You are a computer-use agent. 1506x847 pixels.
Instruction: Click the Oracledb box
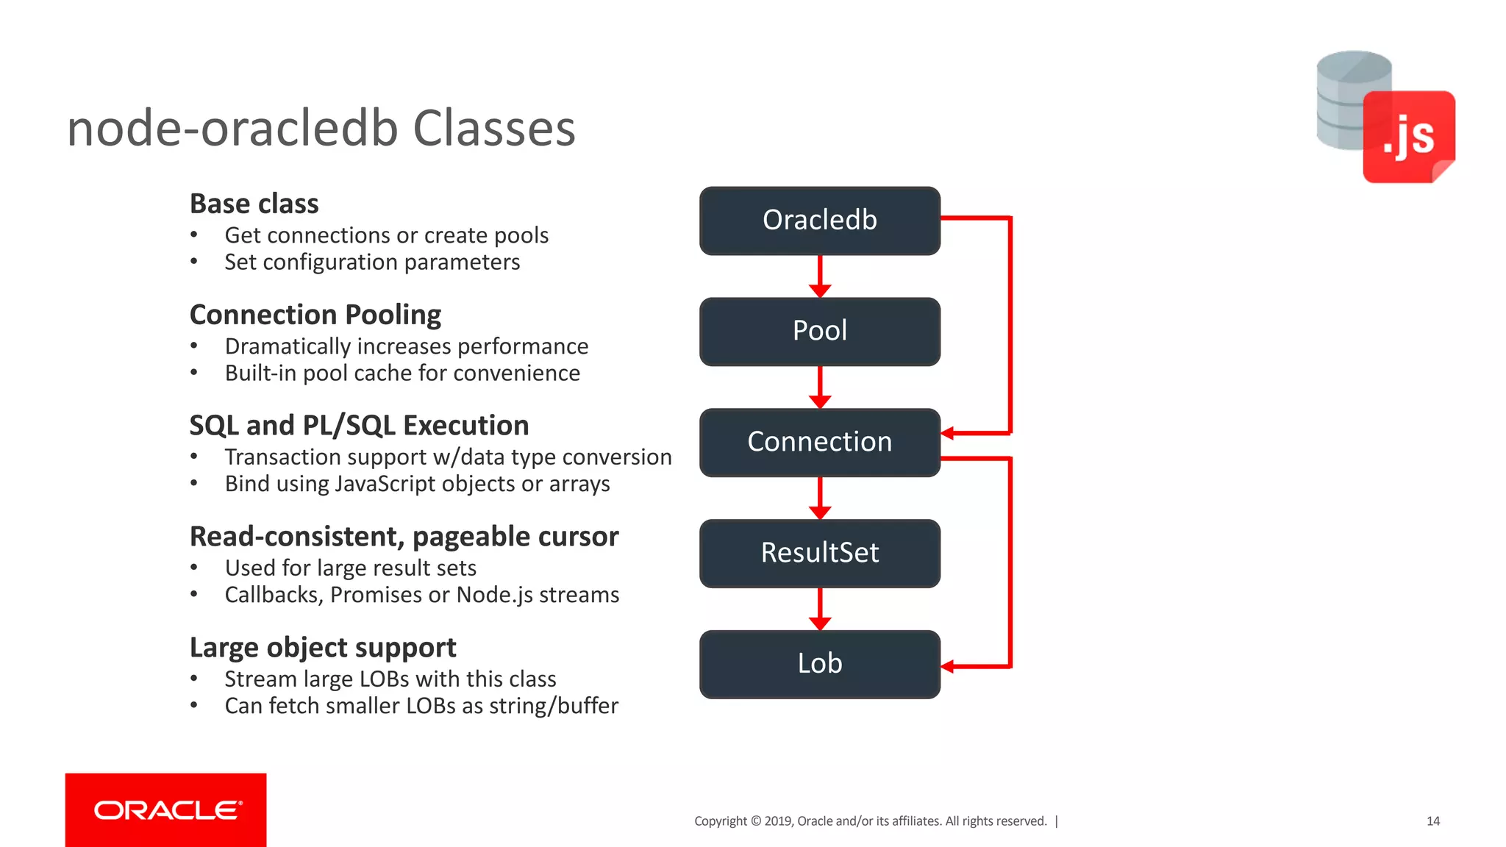(819, 221)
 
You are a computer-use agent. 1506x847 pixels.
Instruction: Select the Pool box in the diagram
(819, 332)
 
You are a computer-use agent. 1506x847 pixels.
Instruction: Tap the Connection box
(819, 442)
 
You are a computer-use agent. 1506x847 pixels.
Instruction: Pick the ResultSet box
(819, 553)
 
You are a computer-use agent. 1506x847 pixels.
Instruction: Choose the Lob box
(819, 664)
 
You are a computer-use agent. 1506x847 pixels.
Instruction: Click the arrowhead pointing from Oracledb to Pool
(820, 290)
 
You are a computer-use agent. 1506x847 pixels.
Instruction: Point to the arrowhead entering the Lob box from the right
(948, 666)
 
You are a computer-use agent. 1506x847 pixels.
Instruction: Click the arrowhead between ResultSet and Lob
(820, 623)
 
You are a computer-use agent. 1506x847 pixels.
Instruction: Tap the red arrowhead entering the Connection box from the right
(948, 433)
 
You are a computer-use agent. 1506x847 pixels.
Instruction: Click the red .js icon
(1408, 137)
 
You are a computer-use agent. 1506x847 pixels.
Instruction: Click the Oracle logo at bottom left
(166, 810)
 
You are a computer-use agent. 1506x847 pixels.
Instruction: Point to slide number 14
(1432, 821)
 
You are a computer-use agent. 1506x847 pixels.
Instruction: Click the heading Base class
(254, 204)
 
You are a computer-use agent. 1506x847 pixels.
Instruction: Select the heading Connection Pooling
(315, 315)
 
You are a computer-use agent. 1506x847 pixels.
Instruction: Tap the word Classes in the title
(494, 129)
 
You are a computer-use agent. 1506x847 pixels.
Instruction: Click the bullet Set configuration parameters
(372, 262)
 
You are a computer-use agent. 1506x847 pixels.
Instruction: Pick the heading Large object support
(323, 648)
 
